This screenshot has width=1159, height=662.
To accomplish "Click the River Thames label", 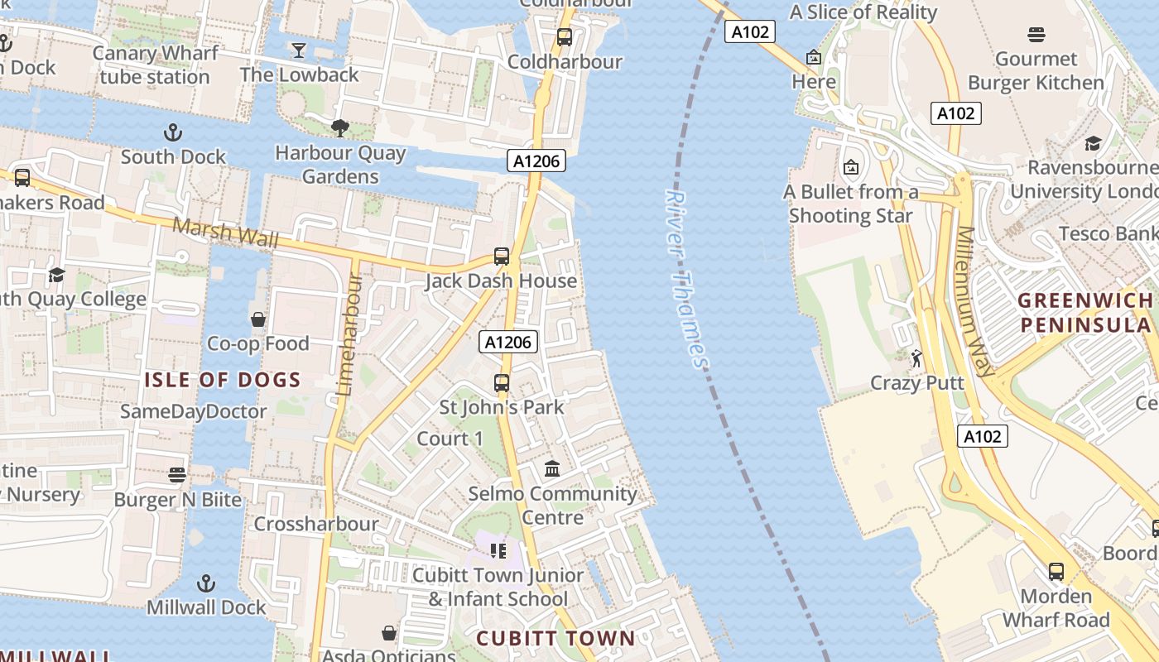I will tap(687, 280).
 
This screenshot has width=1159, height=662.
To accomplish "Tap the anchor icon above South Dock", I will tap(173, 132).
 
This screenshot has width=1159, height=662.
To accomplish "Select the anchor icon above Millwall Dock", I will tap(206, 583).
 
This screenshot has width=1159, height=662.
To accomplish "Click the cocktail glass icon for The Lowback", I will tap(299, 50).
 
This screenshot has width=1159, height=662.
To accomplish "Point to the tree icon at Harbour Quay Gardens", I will tap(339, 128).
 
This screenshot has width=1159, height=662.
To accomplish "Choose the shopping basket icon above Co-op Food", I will tap(258, 319).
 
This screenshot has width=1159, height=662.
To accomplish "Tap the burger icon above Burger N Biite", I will tap(177, 475).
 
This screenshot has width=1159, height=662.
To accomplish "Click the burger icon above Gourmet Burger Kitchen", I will tap(1036, 35).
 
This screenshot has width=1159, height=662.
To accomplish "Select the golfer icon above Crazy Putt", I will tap(916, 359).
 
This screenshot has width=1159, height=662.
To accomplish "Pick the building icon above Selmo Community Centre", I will tap(552, 470).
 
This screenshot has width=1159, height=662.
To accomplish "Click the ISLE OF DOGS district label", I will tap(223, 381).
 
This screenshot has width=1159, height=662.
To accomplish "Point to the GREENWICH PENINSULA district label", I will tap(1085, 313).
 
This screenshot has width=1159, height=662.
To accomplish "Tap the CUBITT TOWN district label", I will tap(555, 639).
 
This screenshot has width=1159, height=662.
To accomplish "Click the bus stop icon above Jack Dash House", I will tap(502, 257).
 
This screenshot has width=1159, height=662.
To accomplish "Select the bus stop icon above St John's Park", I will tap(502, 383).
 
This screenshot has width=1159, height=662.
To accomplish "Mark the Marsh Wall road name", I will tap(225, 232).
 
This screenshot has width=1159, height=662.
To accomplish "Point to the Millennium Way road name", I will tap(975, 302).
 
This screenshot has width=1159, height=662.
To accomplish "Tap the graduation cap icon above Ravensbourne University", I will tap(1093, 144).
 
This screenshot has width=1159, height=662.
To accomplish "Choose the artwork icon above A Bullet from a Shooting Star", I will tap(851, 168).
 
